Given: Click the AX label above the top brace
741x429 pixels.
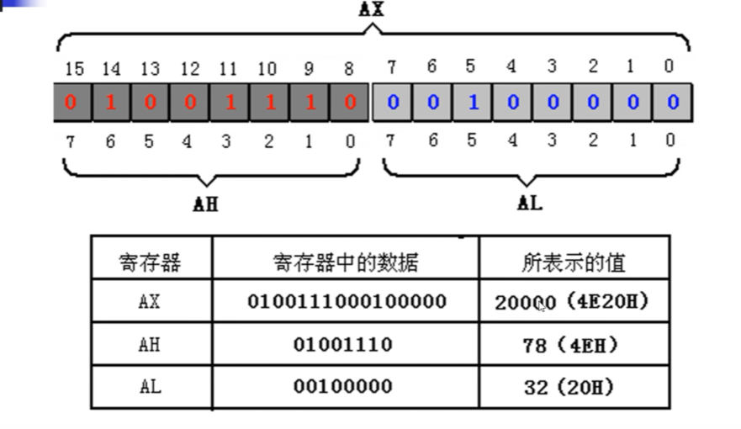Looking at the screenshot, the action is (371, 9).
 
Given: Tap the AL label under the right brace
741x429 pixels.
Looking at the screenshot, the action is (530, 203).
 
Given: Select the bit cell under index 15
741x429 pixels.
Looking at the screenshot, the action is (71, 103).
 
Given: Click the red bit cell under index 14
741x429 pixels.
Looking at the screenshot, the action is (110, 103).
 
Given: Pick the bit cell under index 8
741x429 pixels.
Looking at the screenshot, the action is (349, 103).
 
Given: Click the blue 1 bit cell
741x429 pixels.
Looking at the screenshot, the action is (473, 103).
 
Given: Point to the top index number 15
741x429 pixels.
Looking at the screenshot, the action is (72, 67).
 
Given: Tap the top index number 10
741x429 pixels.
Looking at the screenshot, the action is (267, 67).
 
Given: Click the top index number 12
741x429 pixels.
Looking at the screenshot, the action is (189, 67).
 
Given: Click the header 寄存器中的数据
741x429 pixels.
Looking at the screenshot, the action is (346, 262).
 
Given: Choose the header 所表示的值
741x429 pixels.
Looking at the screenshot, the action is (574, 262).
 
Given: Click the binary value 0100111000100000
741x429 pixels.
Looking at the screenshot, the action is (347, 301).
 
